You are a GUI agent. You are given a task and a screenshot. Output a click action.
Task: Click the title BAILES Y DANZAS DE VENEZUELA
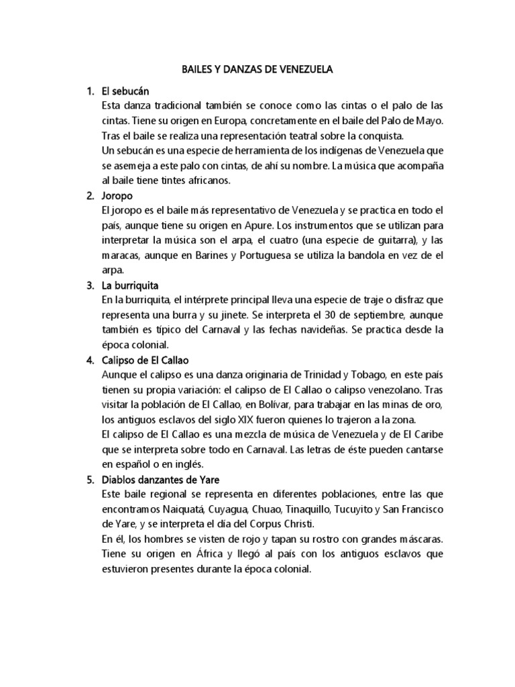coord(257,69)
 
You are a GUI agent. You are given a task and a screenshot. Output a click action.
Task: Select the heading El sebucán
coord(125,91)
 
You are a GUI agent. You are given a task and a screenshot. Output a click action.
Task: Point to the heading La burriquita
coord(130,285)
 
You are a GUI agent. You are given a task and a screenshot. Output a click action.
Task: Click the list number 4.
coord(89,360)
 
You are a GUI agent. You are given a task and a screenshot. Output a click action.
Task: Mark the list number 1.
coord(89,91)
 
